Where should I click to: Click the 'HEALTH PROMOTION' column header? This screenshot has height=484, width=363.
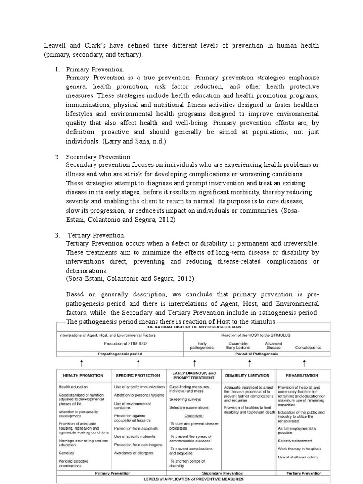pyautogui.click(x=84, y=375)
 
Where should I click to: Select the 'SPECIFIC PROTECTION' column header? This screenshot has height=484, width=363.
pyautogui.click(x=138, y=375)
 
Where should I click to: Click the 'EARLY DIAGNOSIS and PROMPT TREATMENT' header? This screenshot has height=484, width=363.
pyautogui.click(x=194, y=375)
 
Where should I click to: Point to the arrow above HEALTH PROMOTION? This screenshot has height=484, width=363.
pyautogui.click(x=82, y=363)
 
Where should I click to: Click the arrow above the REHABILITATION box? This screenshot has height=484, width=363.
pyautogui.click(x=304, y=363)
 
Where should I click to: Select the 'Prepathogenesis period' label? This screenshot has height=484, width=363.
pyautogui.click(x=120, y=354)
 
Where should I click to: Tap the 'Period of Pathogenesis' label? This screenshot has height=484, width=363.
pyautogui.click(x=257, y=354)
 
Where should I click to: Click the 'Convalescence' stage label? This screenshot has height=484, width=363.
pyautogui.click(x=309, y=347)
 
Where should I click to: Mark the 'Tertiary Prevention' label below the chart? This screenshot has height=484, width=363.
pyautogui.click(x=304, y=473)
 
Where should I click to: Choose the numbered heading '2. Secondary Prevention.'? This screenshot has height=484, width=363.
pyautogui.click(x=99, y=156)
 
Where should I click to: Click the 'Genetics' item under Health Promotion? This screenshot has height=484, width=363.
pyautogui.click(x=67, y=452)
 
